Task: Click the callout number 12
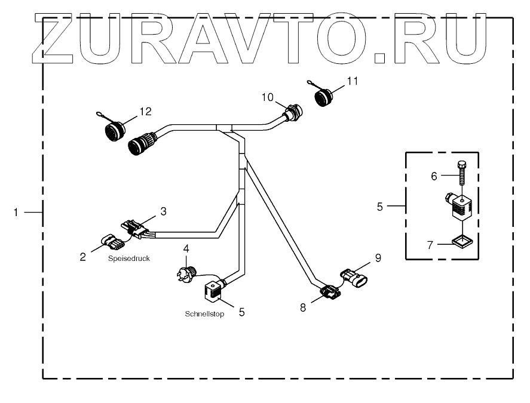pyautogui.click(x=146, y=110)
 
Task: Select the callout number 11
pyautogui.click(x=353, y=81)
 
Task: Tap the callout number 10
pyautogui.click(x=267, y=96)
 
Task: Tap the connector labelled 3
pyautogui.click(x=136, y=229)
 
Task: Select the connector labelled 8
pyautogui.click(x=329, y=292)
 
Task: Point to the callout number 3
pyautogui.click(x=162, y=211)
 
